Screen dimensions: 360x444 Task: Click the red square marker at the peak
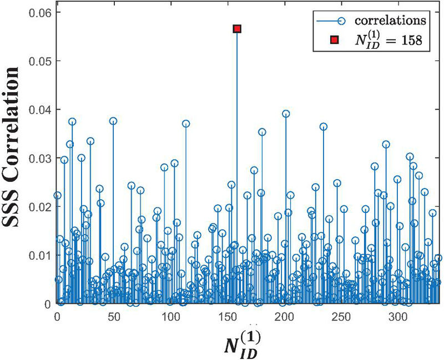(237, 28)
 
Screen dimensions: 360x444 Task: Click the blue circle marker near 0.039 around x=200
(286, 114)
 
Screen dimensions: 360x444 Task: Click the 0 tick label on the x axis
(57, 316)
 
